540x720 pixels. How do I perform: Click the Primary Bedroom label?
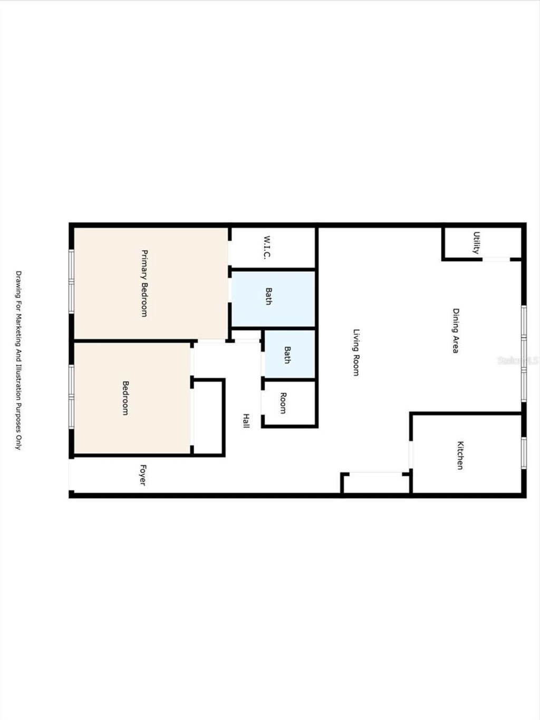pos(143,283)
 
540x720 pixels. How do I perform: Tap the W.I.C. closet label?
pos(267,247)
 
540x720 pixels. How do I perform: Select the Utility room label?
pos(476,243)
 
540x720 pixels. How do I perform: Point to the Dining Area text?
pos(455,331)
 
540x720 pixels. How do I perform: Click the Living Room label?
pos(356,352)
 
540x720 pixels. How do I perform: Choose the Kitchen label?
pos(460,455)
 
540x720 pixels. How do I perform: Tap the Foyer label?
pos(142,475)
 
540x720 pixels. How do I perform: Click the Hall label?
pos(246,420)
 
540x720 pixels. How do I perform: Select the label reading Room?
pos(283,403)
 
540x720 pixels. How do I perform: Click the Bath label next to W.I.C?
pos(268,296)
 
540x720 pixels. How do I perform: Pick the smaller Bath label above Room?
pos(287,354)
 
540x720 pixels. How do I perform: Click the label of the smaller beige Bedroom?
pos(126,398)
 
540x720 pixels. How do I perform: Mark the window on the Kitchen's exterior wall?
pos(523,453)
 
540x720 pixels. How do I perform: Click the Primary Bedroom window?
pos(72,281)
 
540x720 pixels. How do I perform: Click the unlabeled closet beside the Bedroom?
pos(209,417)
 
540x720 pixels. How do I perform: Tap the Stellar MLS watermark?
pos(517,361)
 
